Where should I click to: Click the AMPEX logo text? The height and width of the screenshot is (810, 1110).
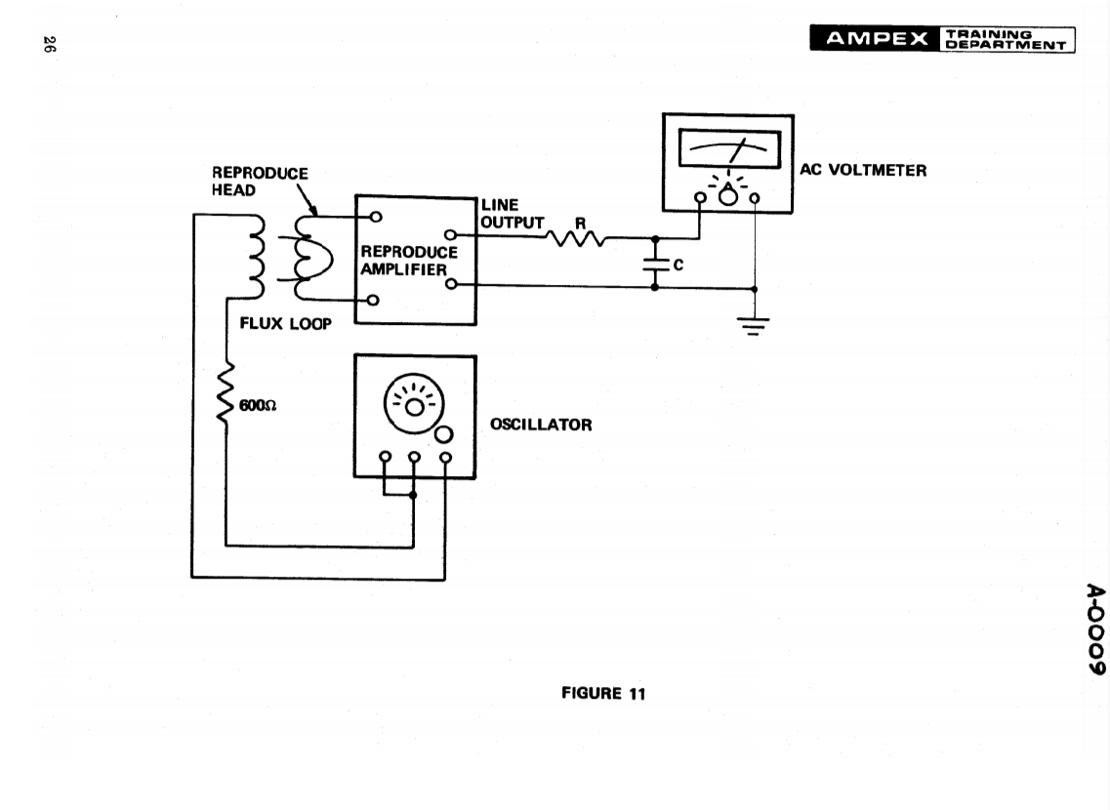[x=876, y=39]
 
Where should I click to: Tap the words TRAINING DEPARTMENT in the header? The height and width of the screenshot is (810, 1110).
[x=1006, y=39]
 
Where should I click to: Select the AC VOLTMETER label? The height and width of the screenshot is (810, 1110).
[x=863, y=170]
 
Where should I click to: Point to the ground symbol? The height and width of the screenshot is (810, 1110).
[x=753, y=324]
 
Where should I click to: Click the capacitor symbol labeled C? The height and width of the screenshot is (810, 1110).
[x=654, y=263]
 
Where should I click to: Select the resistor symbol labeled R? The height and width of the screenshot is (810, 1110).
[x=577, y=238]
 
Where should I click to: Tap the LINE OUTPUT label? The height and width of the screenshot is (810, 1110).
[x=511, y=214]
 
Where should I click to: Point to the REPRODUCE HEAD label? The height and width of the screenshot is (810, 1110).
[x=259, y=182]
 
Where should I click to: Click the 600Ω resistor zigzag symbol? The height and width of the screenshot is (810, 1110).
[x=226, y=392]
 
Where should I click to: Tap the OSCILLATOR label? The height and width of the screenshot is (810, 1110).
[x=540, y=425]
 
